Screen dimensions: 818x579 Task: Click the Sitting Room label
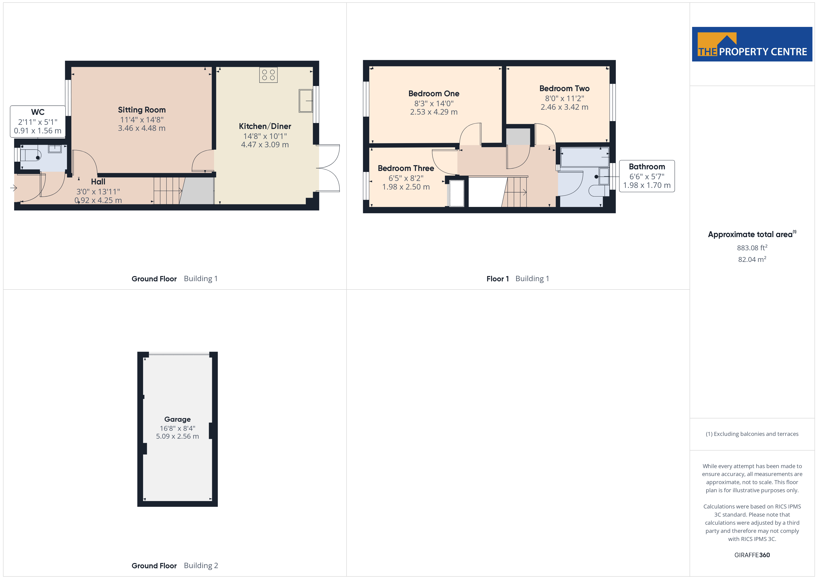(142, 110)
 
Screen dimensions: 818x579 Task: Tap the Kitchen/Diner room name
(265, 126)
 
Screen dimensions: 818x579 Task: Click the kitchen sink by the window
(306, 101)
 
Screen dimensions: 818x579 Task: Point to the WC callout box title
(38, 112)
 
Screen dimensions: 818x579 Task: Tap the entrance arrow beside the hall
(13, 188)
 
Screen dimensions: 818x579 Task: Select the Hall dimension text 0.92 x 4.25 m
(98, 200)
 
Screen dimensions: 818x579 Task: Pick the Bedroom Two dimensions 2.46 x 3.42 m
(564, 107)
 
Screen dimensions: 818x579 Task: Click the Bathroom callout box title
(647, 167)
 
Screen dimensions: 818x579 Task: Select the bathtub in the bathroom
(585, 157)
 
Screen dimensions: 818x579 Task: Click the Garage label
(177, 419)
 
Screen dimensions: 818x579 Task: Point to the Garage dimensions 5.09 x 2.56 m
(177, 436)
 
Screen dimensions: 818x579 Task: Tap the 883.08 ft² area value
(752, 248)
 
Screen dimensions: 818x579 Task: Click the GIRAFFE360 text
(752, 555)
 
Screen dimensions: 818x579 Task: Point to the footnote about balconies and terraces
(752, 434)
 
